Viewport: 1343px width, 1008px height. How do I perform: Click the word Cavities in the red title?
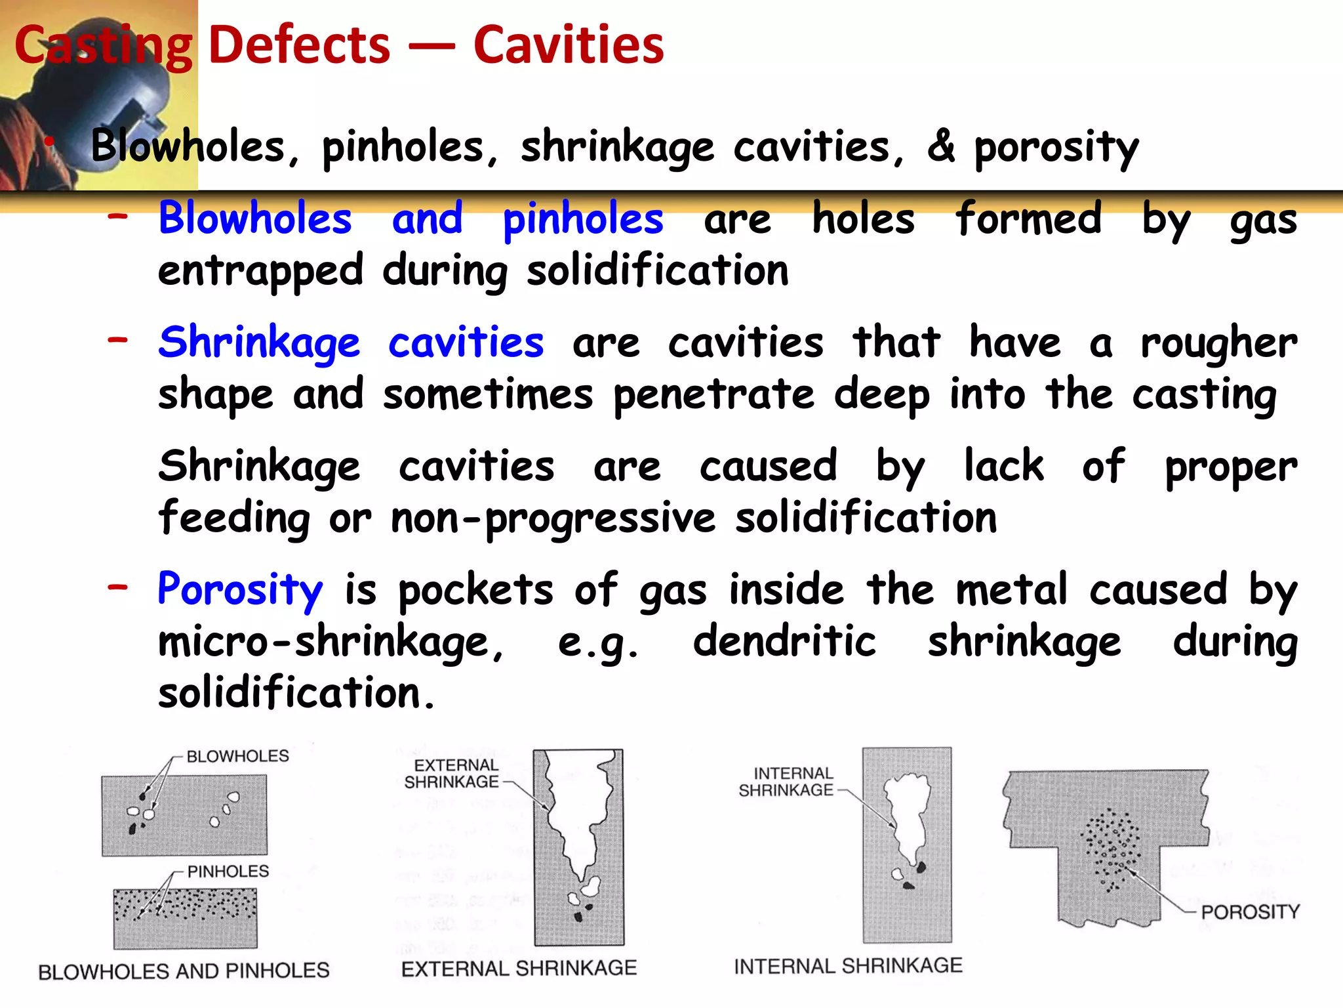pos(568,45)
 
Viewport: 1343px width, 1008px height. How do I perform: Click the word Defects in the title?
pos(299,45)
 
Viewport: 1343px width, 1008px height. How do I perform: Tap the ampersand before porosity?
pos(941,146)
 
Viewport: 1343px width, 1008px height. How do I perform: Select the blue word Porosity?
pos(240,589)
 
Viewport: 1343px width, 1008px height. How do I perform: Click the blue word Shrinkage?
pos(259,343)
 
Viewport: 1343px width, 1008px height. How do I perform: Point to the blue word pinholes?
pos(582,219)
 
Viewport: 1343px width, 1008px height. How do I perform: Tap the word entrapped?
pos(260,270)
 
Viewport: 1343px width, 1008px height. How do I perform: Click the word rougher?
pos(1218,343)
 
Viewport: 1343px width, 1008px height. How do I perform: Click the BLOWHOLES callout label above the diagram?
pos(237,756)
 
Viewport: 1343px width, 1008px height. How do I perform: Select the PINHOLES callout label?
pos(228,871)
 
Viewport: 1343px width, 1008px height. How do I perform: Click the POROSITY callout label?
pos(1250,912)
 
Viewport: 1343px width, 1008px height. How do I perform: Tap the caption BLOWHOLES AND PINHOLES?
pos(184,971)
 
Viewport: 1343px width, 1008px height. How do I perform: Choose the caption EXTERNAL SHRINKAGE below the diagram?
pos(519,968)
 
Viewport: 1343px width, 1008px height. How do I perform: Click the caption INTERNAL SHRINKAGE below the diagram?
pos(848,965)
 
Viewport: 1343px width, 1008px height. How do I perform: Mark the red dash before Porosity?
pos(118,585)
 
